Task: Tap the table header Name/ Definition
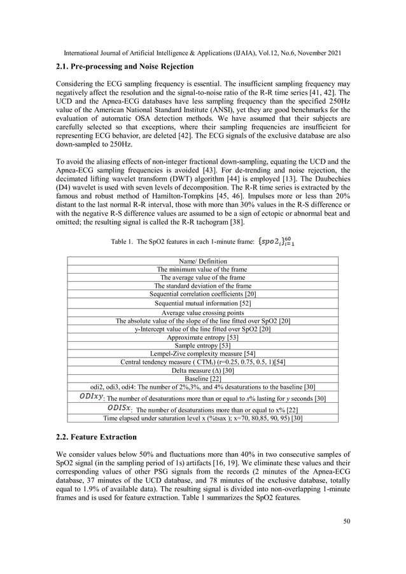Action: (202, 261)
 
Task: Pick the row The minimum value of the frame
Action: (202, 269)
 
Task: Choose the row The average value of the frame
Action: (202, 277)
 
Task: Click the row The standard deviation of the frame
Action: (202, 286)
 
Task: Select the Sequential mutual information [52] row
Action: (202, 304)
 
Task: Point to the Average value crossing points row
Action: (202, 312)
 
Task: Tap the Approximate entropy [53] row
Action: (202, 337)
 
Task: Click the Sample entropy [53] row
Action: (202, 346)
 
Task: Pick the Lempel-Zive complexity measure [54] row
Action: (202, 354)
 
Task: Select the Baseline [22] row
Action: (202, 379)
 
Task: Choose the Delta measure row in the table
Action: (202, 370)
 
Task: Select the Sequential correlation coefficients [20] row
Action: (202, 294)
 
